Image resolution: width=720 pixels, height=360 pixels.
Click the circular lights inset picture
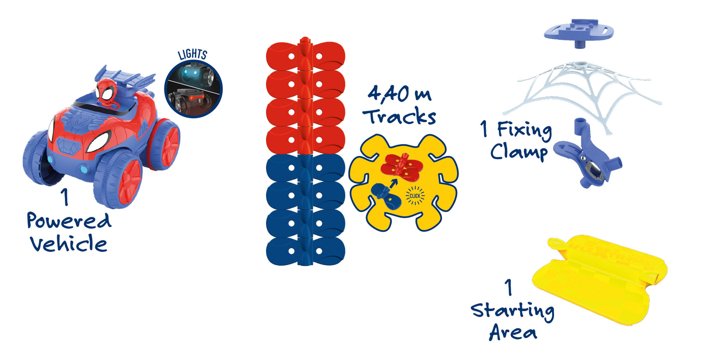point(193,90)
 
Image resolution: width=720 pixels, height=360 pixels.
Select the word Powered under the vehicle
point(69,221)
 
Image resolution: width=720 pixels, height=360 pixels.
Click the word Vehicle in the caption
point(68,243)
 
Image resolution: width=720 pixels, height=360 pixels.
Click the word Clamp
point(518,152)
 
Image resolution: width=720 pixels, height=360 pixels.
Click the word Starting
point(513,312)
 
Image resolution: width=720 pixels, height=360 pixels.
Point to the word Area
point(513,332)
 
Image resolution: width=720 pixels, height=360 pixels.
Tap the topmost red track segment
point(305,55)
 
